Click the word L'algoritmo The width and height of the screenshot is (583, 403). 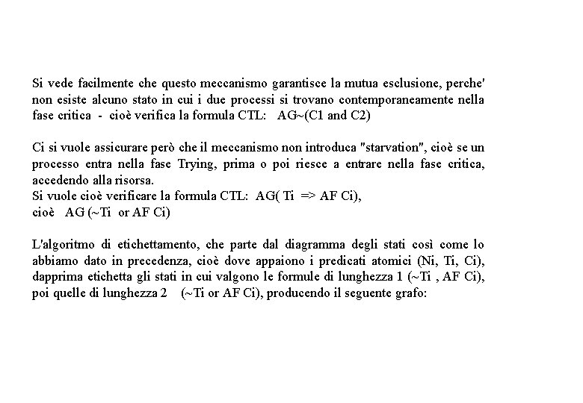click(62, 245)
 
